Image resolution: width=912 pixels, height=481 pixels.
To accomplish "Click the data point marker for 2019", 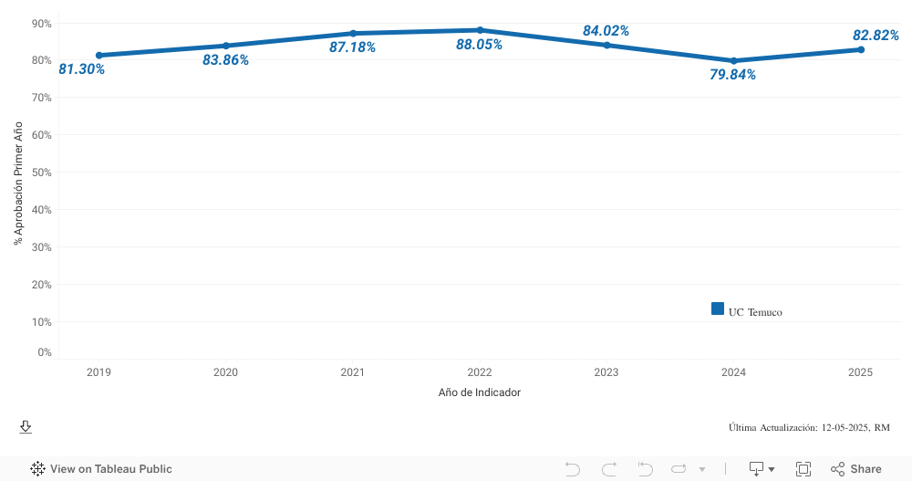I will coord(99,55).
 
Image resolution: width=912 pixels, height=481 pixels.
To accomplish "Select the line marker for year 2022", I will coord(480,30).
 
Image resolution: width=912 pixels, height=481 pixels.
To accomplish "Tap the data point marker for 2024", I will coord(733,61).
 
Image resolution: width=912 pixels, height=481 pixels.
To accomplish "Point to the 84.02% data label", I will coord(606,31).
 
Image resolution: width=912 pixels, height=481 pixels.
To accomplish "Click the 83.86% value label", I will coord(225,60).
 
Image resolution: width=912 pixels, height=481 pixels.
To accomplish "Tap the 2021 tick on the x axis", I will coord(353,372).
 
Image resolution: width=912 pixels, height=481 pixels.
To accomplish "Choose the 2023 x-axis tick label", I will coord(606,372).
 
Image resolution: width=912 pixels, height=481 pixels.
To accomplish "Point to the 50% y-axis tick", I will coord(42,172).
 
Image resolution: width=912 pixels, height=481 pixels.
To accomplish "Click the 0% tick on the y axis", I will coord(45,352).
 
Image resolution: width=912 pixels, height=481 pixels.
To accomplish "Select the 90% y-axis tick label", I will coord(42,23).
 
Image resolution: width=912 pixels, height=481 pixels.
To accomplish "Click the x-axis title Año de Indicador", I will coord(480,392).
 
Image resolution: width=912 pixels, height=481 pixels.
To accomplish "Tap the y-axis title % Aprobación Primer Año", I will coord(18,183).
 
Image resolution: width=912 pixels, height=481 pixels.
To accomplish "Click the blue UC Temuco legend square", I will coord(718,308).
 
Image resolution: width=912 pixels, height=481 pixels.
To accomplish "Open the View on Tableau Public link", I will coord(101,469).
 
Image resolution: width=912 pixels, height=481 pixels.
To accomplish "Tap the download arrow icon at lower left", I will coord(26,427).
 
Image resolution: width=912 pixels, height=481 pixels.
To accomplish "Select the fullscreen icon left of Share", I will coord(803,469).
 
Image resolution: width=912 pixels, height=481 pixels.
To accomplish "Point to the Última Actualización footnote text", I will coord(809,427).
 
